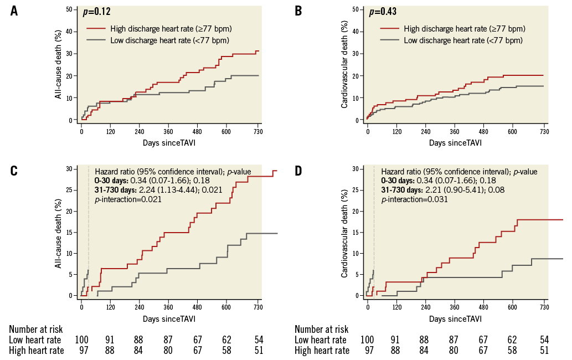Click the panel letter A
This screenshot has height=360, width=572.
point(14,11)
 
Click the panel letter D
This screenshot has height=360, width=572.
point(298,170)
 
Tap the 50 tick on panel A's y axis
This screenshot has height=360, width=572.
point(68,9)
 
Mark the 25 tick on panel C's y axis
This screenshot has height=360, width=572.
point(68,190)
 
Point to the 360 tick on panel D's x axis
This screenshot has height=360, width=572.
point(455,308)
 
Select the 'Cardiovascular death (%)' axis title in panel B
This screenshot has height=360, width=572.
point(344,65)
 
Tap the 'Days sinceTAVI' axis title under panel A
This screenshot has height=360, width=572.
point(168,143)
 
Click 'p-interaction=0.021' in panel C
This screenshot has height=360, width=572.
point(128,199)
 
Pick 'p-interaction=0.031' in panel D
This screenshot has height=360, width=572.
point(415,199)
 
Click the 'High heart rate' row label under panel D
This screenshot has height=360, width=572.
point(322,350)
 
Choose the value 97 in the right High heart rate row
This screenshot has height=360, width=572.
point(367,350)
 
